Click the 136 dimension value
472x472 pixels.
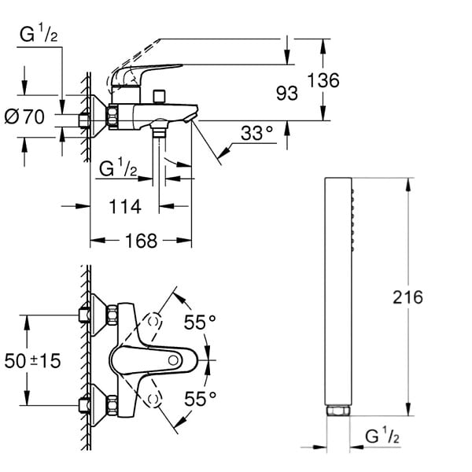[323, 80]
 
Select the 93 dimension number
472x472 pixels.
[287, 94]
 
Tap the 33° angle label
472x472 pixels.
[256, 133]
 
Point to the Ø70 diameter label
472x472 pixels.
[24, 116]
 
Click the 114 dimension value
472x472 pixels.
[125, 207]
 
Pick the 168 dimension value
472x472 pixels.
[141, 241]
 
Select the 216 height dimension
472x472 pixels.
[407, 297]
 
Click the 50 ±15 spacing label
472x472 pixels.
[32, 360]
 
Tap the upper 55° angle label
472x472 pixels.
[200, 322]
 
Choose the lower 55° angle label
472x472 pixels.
[200, 399]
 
